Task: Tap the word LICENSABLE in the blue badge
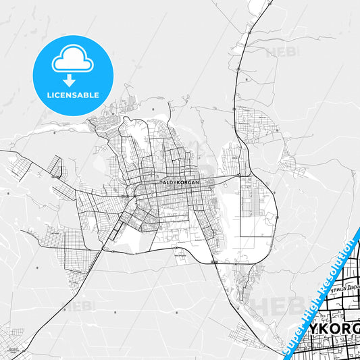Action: (72, 95)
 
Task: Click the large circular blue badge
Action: (72, 75)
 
